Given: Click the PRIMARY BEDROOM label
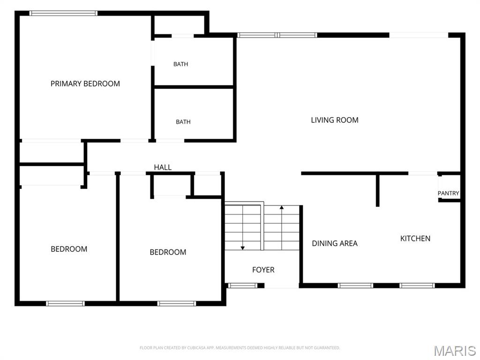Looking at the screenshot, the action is [x=85, y=83].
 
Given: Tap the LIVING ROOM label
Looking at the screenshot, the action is [x=335, y=120].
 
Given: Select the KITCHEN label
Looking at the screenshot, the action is [x=415, y=239].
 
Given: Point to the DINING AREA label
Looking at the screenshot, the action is [x=335, y=243].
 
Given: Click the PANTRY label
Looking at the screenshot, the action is [x=448, y=193].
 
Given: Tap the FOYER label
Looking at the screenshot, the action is [x=263, y=270].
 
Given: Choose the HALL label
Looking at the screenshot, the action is [x=163, y=167].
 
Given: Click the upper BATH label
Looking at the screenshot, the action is [x=180, y=64].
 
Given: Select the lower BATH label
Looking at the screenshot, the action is [x=183, y=122].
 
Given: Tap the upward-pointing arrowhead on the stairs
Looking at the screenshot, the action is [x=282, y=208].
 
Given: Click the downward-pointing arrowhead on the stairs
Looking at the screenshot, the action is [x=242, y=248].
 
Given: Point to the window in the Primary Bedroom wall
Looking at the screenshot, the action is [x=63, y=13].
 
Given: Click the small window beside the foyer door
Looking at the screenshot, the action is [x=243, y=285].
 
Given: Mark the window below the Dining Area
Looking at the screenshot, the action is [x=355, y=285].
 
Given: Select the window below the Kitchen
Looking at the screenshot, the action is [x=417, y=285].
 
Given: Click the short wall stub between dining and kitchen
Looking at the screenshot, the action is [x=377, y=190].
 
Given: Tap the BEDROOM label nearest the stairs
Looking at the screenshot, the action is [x=168, y=252].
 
